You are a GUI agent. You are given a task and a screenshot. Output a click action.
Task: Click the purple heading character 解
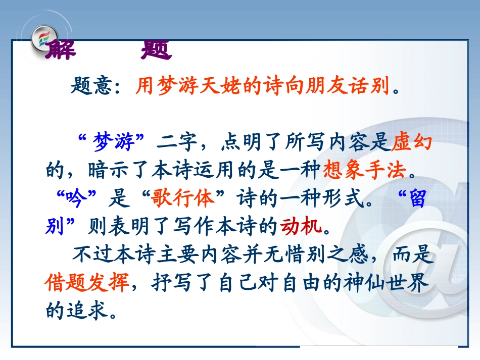coord(61,49)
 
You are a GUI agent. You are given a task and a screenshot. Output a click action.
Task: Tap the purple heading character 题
coord(156,49)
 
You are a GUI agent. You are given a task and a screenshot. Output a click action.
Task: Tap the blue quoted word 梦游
coord(114,142)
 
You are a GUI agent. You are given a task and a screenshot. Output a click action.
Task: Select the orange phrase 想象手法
coord(365,170)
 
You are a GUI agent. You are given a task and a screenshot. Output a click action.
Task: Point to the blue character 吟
coord(76,198)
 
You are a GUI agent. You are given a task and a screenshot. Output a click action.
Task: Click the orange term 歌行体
coord(182,198)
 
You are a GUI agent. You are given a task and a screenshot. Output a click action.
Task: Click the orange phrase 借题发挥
coord(87,282)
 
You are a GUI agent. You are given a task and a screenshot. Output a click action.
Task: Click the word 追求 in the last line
coord(88,311)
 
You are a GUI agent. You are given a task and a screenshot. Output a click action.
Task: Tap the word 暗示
coord(108,170)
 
